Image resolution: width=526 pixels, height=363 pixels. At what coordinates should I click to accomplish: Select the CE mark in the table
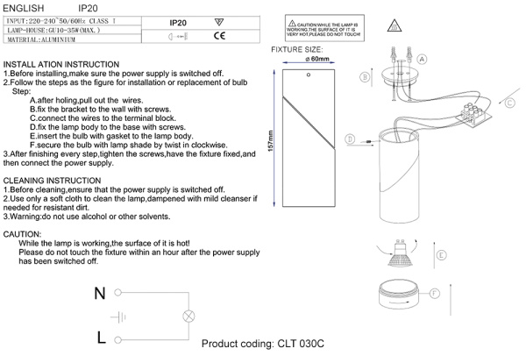tap(221, 37)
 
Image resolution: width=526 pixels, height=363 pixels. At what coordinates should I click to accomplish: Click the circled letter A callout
tap(422, 59)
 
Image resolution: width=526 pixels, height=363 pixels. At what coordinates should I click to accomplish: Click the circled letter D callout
tap(350, 139)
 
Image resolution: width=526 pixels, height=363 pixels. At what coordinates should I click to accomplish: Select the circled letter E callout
tap(442, 255)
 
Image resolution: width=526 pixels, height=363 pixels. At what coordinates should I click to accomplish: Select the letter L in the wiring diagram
tap(102, 337)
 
